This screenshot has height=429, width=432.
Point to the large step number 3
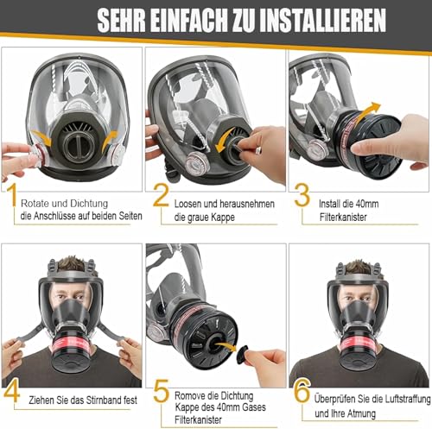[302, 196]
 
